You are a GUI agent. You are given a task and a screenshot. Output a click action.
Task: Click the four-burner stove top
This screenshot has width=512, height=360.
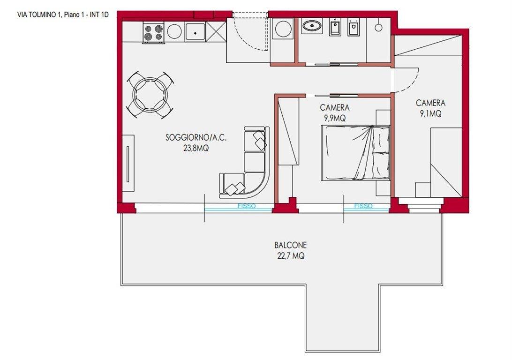click(x=153, y=32)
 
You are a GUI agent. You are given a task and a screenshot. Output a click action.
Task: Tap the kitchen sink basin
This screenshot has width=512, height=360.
click(x=195, y=32)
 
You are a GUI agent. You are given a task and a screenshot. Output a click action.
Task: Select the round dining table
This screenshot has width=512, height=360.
click(x=150, y=95)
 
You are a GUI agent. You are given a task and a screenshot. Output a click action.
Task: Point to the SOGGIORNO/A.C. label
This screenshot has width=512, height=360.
click(x=196, y=137)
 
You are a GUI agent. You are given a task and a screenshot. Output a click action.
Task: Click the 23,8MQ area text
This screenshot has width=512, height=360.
click(x=196, y=149)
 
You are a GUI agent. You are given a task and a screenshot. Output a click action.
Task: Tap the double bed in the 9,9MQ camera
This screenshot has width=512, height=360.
click(x=355, y=153)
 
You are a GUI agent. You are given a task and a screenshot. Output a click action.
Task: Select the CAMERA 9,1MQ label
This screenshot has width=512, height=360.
click(x=431, y=108)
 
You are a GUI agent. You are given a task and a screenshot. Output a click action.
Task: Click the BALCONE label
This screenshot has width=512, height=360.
click(x=291, y=245)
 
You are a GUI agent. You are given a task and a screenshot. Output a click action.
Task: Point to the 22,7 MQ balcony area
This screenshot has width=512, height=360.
click(x=291, y=256)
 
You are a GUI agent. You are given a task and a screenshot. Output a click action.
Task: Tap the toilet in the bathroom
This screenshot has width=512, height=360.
click(x=354, y=27)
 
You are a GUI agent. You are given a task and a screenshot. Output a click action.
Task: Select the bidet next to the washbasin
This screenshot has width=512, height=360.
click(x=335, y=27)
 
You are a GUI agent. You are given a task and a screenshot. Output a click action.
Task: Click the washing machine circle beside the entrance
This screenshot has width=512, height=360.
click(x=283, y=29)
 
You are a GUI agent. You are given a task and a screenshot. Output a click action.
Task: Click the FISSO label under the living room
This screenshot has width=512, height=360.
click(x=247, y=206)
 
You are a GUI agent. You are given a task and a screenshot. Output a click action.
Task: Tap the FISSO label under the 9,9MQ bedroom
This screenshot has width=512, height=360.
click(x=363, y=206)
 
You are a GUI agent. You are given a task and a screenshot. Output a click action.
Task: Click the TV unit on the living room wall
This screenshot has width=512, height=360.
click(x=128, y=163)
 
